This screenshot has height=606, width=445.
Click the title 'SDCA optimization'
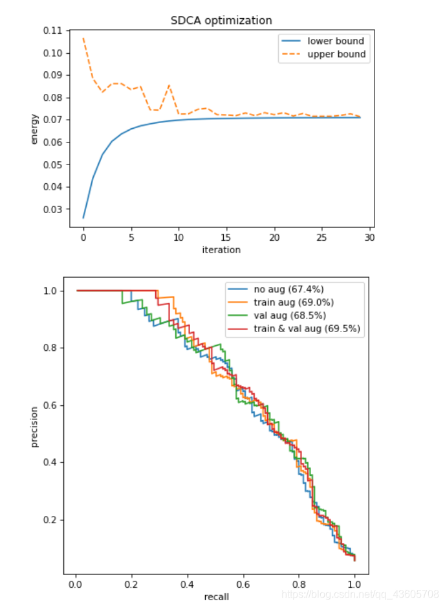tap(221, 20)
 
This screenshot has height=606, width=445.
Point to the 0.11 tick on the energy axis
tap(52, 30)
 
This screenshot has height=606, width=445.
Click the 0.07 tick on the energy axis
tap(52, 120)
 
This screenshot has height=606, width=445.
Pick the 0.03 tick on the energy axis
tap(52, 209)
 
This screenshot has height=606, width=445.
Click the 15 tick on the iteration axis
tap(226, 238)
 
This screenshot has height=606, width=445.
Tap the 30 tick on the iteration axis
tap(369, 238)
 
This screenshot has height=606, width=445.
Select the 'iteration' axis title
tap(221, 250)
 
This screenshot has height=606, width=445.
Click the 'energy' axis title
tap(34, 129)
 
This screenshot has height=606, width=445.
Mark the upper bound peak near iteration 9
tap(169, 85)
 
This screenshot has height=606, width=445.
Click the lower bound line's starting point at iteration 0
tap(83, 218)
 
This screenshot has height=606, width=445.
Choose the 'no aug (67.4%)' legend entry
tap(288, 289)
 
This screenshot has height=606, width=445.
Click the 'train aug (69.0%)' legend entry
tap(294, 302)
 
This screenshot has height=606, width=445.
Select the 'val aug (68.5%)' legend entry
tap(290, 315)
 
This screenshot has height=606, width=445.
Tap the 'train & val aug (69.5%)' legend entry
tap(307, 328)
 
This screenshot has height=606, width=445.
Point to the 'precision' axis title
tap(34, 427)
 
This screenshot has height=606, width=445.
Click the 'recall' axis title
tap(217, 597)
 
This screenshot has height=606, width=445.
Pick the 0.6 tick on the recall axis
tap(243, 585)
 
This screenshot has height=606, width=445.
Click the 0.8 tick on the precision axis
tap(50, 348)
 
